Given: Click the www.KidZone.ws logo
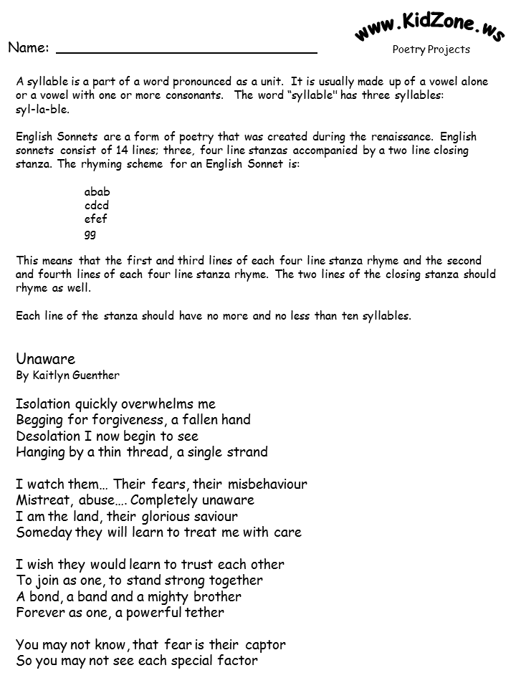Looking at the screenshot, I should coord(430,28).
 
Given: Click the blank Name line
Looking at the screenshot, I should coord(186,52).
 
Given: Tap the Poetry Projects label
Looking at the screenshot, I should coord(431,49).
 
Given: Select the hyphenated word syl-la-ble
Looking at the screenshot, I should coord(42,110).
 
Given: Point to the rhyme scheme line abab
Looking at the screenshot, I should coord(97,192).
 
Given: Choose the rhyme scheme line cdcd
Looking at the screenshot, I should coord(97,206).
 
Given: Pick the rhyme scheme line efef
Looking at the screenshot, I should coord(95,219).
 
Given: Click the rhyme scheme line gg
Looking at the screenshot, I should coord(90,234).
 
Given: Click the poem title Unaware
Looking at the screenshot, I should coord(45,359).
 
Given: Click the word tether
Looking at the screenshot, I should coord(204,613).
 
